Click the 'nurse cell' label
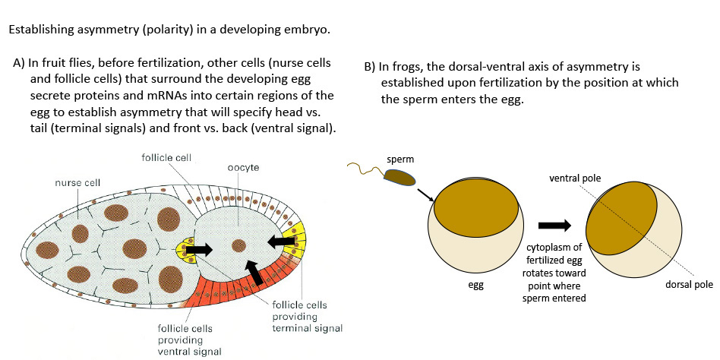[x=78, y=183]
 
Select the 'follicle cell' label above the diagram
[x=167, y=157]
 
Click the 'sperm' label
[x=401, y=161]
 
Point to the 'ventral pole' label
[x=576, y=178]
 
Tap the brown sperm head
[x=399, y=178]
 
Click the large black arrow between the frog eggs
[x=554, y=226]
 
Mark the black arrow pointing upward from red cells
[x=256, y=272]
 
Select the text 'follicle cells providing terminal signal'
[x=307, y=316]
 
